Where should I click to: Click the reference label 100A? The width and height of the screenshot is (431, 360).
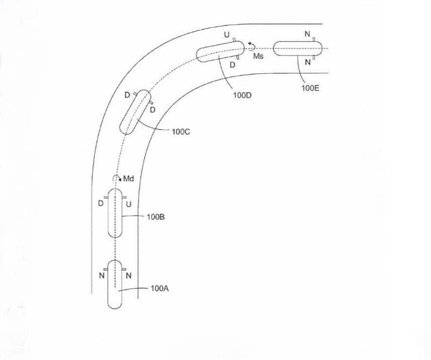[159, 288]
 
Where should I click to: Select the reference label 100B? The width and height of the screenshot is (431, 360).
[156, 217]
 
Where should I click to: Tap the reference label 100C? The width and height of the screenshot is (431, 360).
[181, 131]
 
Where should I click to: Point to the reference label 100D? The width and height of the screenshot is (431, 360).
[242, 95]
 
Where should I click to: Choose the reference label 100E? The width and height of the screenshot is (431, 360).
[310, 88]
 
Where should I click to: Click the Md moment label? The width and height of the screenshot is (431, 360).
[128, 179]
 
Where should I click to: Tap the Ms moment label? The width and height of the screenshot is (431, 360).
[258, 56]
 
